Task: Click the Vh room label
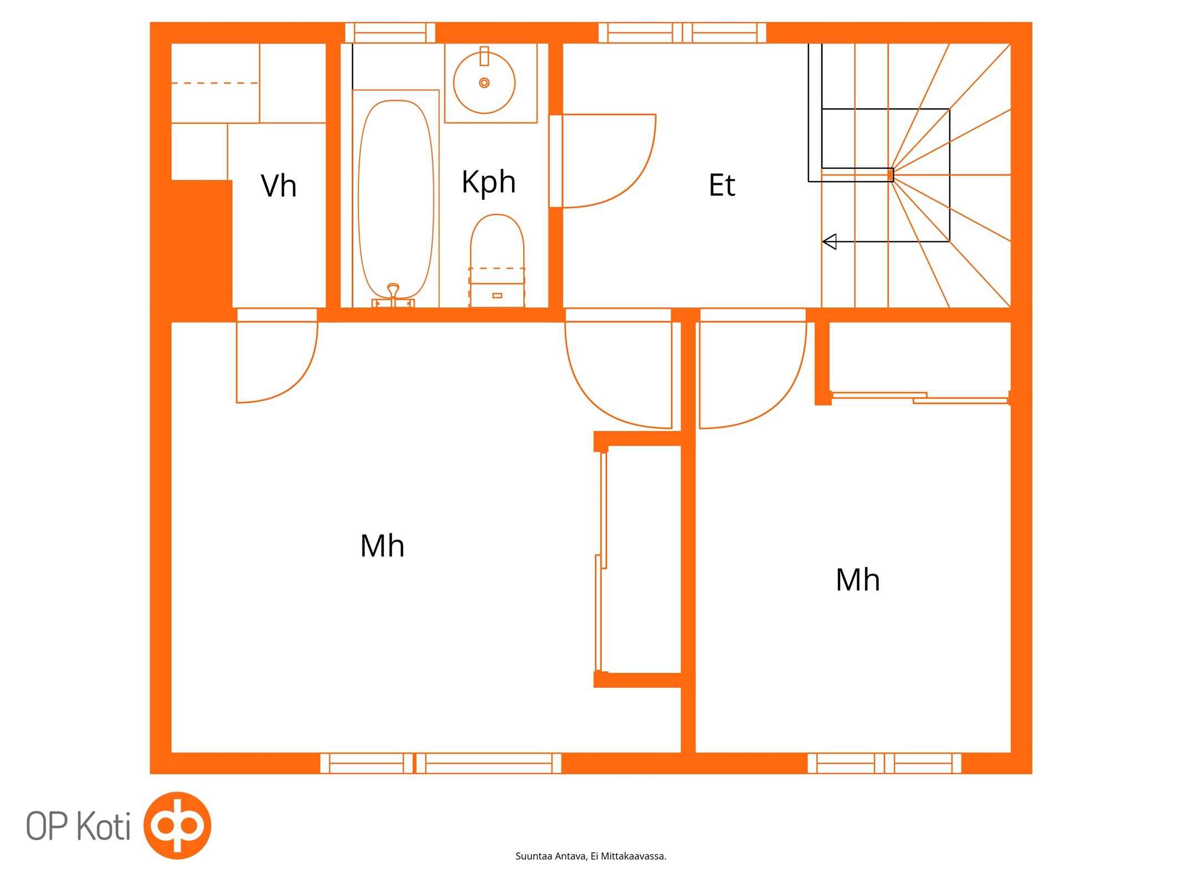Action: pyautogui.click(x=279, y=186)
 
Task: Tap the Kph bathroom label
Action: pyautogui.click(x=489, y=182)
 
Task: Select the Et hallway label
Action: pyautogui.click(x=722, y=185)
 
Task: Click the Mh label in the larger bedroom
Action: pyautogui.click(x=382, y=546)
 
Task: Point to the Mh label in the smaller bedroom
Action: pyautogui.click(x=858, y=580)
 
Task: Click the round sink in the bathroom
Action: pyautogui.click(x=484, y=83)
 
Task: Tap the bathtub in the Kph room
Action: pyautogui.click(x=396, y=199)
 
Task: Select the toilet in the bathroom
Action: pyautogui.click(x=497, y=260)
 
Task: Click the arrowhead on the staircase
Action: pyautogui.click(x=830, y=242)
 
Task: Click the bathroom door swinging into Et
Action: pyautogui.click(x=609, y=161)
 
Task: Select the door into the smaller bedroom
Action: pyautogui.click(x=753, y=375)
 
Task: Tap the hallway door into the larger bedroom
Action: pyautogui.click(x=618, y=375)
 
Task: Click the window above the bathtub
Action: pyautogui.click(x=390, y=33)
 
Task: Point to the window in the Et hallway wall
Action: pyautogui.click(x=682, y=33)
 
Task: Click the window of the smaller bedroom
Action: pyautogui.click(x=884, y=763)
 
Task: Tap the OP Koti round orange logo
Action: pyautogui.click(x=177, y=825)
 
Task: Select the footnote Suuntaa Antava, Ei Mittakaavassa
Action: pyautogui.click(x=591, y=856)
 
